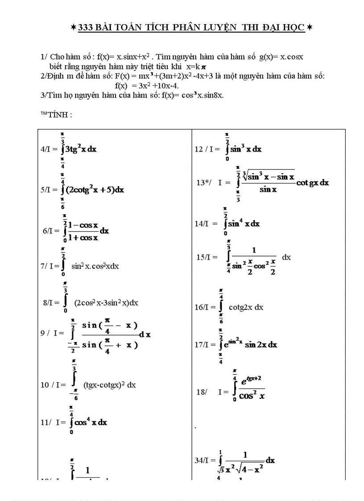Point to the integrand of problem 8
click(106, 302)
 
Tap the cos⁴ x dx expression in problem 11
click(91, 422)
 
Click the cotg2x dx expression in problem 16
click(246, 307)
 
